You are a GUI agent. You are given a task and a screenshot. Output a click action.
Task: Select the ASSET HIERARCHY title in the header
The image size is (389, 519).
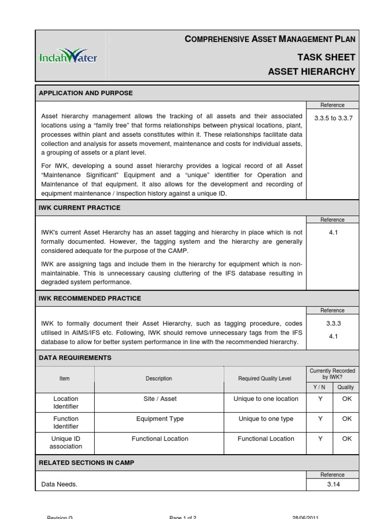[x=312, y=71]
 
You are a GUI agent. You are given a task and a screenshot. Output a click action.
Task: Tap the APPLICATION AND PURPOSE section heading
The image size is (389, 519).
[x=86, y=93]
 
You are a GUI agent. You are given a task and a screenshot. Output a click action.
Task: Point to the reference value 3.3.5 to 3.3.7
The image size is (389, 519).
[x=332, y=118]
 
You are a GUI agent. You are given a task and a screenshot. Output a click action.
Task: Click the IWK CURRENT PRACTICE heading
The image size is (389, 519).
[x=80, y=208]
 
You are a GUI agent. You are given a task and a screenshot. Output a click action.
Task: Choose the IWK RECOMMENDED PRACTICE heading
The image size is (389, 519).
[x=90, y=298]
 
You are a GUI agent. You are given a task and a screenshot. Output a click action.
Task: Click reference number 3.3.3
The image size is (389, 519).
[x=332, y=323]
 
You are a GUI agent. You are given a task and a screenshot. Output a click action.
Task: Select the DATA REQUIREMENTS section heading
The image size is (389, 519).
[x=75, y=358]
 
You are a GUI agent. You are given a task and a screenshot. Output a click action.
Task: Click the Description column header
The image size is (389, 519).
[x=159, y=379]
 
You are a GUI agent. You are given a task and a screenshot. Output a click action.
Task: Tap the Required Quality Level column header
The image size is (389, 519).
[x=265, y=379]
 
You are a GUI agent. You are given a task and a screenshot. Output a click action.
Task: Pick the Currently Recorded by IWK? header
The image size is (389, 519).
[x=332, y=374]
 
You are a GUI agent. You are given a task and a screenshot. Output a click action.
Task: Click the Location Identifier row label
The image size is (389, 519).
[x=66, y=402]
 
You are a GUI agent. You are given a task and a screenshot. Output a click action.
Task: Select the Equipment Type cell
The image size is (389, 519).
[x=160, y=419]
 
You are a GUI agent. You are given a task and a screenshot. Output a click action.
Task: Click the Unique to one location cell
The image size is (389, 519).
[x=266, y=399]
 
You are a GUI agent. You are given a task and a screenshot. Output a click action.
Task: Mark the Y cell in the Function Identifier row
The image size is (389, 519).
[x=320, y=419]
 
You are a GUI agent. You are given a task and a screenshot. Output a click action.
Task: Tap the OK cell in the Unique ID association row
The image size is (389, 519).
[x=346, y=439]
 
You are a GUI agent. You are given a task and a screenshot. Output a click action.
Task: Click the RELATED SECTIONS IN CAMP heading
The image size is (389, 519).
[x=87, y=463]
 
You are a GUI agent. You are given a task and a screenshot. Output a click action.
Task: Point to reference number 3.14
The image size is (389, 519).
[x=332, y=485]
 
